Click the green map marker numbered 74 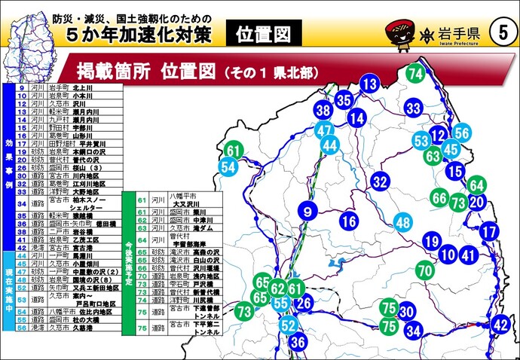(x=415, y=74)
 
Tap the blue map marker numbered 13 (x=369, y=84)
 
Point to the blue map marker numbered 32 (x=380, y=182)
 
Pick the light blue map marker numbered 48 (x=404, y=222)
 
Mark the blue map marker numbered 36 (x=298, y=343)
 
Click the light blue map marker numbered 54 (x=228, y=167)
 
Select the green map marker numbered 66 (x=439, y=197)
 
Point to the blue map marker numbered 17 (x=490, y=231)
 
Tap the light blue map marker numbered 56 (x=462, y=134)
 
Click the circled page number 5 (x=503, y=32)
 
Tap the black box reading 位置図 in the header (x=257, y=32)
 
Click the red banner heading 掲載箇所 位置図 (x=188, y=72)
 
